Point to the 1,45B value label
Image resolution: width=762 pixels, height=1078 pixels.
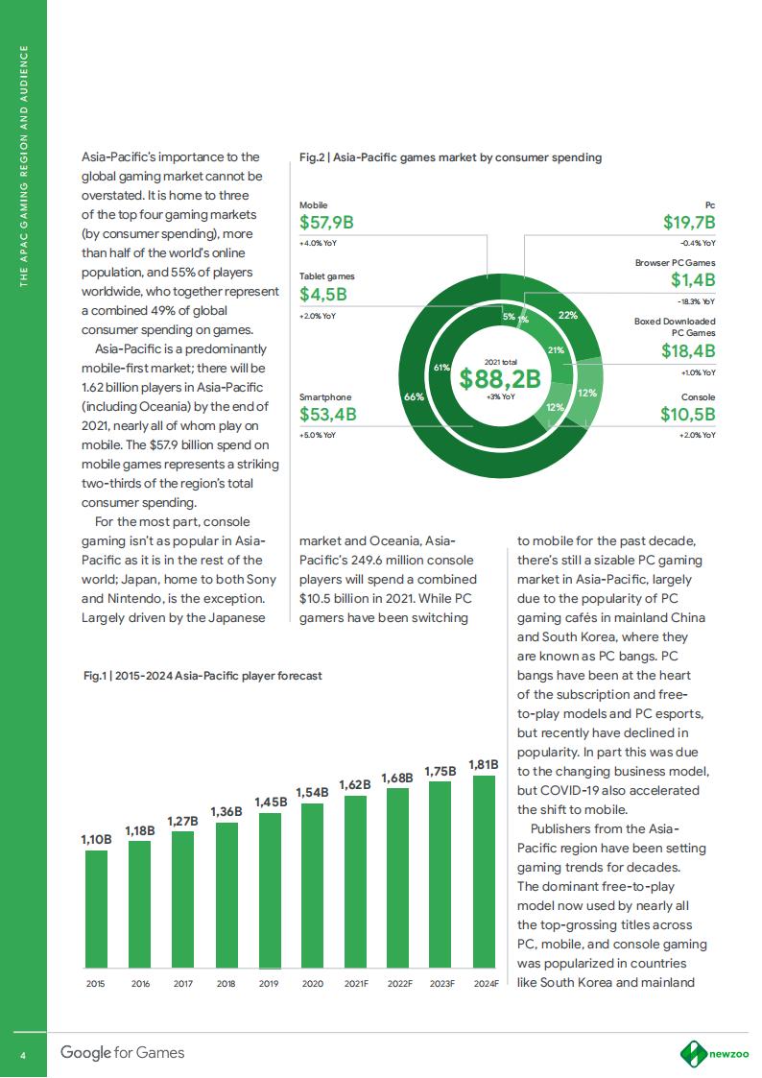coord(269,801)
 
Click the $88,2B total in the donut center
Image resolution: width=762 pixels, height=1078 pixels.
coord(500,378)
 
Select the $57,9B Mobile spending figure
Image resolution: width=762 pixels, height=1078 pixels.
coord(327,224)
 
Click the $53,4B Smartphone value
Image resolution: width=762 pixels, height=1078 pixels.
coord(328,415)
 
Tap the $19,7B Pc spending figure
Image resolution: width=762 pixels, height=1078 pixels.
coord(689,223)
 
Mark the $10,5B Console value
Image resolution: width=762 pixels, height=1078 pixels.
coord(687,414)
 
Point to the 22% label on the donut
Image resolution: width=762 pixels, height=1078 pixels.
coord(566,315)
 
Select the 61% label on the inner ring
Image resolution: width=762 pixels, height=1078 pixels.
coord(441,367)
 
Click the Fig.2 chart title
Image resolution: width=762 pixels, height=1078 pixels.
coord(451,157)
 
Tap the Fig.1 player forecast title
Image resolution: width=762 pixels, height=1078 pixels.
coord(202,676)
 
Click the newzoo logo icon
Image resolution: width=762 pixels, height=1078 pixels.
coord(693,1053)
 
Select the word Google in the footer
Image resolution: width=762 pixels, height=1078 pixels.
coord(86,1053)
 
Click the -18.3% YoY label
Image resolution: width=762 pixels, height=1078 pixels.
coord(697,301)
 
